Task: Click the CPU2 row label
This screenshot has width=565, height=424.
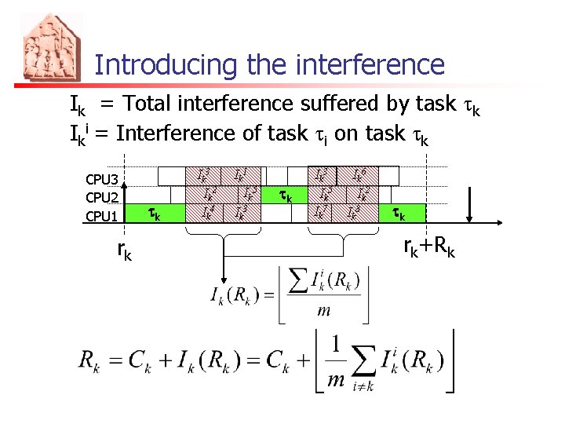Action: [x=102, y=197]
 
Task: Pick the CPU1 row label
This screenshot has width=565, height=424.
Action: [x=102, y=215]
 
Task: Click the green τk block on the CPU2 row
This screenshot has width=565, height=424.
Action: [x=287, y=196]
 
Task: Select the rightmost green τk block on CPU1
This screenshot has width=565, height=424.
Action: [x=398, y=213]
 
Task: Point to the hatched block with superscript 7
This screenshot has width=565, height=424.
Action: [x=319, y=211]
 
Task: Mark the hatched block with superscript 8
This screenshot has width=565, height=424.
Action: [x=355, y=211]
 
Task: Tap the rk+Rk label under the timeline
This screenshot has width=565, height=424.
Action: [x=428, y=248]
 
